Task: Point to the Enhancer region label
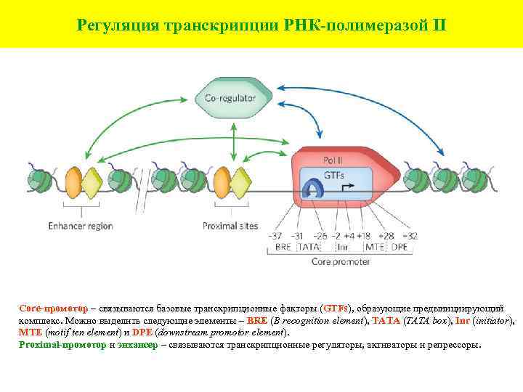click(x=81, y=226)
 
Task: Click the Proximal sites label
click(x=230, y=226)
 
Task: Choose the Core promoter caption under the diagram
click(x=340, y=261)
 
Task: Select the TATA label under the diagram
click(x=302, y=247)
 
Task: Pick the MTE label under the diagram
click(x=375, y=247)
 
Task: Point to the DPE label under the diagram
click(x=400, y=247)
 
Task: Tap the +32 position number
click(x=408, y=236)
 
